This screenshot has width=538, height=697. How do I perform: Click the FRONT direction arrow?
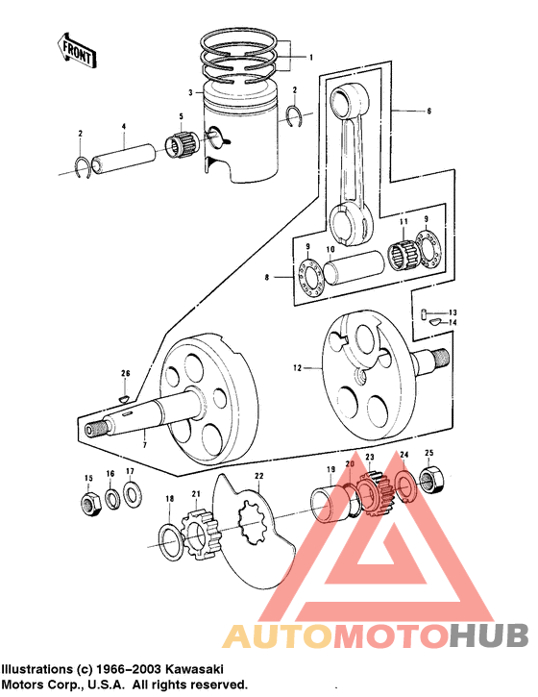[76, 49]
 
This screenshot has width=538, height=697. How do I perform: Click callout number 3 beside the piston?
[191, 93]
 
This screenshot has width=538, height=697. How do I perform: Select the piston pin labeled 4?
[126, 155]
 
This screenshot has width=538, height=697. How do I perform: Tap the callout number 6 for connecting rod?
[428, 112]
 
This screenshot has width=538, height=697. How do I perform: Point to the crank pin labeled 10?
[341, 270]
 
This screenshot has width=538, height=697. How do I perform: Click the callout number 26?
[124, 373]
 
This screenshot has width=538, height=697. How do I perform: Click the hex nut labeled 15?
[89, 503]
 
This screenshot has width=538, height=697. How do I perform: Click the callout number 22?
[258, 476]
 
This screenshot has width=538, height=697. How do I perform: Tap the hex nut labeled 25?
[430, 477]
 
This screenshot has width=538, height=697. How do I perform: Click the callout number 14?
[453, 323]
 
